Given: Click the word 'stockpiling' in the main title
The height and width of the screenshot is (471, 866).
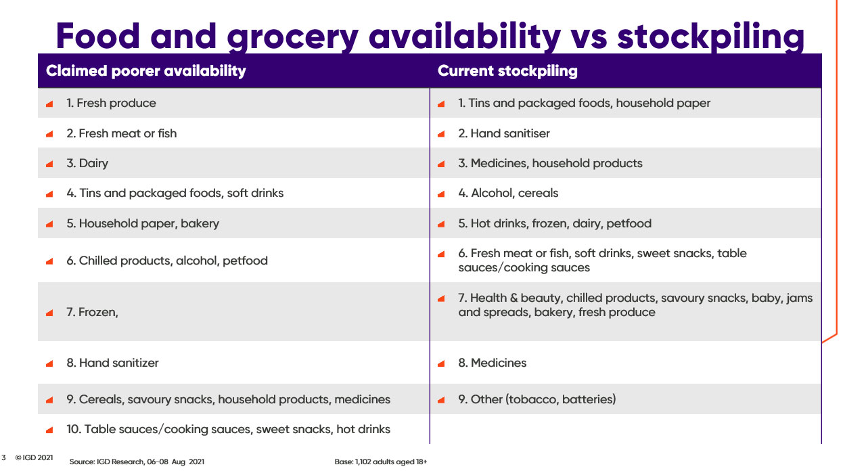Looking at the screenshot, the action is pyautogui.click(x=710, y=36).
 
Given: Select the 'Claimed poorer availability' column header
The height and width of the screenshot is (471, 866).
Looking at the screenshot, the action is pyautogui.click(x=145, y=71).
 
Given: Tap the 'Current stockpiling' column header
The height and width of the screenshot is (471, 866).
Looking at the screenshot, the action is pyautogui.click(x=507, y=71).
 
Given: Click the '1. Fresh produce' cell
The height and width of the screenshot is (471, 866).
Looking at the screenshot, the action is pyautogui.click(x=111, y=103).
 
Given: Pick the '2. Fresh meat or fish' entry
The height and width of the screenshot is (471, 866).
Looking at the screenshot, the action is pyautogui.click(x=121, y=133).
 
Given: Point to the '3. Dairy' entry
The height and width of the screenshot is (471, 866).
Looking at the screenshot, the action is pyautogui.click(x=87, y=163).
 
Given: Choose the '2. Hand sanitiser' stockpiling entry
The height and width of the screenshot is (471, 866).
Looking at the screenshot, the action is pyautogui.click(x=504, y=133).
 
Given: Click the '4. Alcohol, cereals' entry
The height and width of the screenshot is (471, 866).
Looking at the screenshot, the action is pyautogui.click(x=508, y=193).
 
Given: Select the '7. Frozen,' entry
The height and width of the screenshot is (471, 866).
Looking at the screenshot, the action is pyautogui.click(x=92, y=312).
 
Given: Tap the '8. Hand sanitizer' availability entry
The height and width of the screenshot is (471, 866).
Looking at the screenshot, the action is pyautogui.click(x=112, y=363).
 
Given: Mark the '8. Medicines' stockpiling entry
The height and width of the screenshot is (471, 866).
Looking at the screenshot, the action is pyautogui.click(x=492, y=363).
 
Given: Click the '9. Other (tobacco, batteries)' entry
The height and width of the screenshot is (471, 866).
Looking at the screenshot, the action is pyautogui.click(x=537, y=399).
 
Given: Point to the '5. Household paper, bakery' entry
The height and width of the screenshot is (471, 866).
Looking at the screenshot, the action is pyautogui.click(x=143, y=223).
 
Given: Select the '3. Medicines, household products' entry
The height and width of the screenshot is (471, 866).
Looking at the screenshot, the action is pyautogui.click(x=550, y=163).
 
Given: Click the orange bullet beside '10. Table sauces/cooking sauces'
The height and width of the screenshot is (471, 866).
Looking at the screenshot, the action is pyautogui.click(x=49, y=430).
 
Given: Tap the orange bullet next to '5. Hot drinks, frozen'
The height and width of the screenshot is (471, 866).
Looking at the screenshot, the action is pyautogui.click(x=441, y=224).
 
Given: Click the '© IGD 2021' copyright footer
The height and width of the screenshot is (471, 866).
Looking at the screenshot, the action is pyautogui.click(x=34, y=458).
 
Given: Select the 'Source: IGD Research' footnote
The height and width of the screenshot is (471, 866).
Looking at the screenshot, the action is pyautogui.click(x=137, y=462).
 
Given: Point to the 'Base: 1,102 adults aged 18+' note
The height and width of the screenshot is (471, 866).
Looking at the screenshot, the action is pyautogui.click(x=381, y=462).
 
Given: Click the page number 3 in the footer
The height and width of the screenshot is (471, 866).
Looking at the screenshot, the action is pyautogui.click(x=3, y=458).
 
